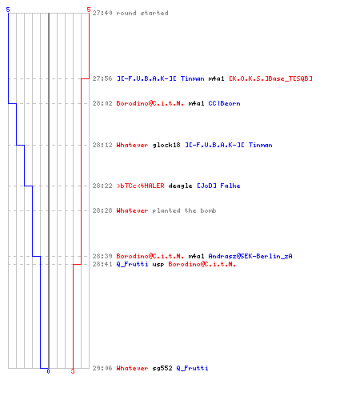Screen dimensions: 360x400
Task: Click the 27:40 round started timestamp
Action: tap(102, 13)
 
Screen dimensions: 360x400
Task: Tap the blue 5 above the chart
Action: tap(8, 10)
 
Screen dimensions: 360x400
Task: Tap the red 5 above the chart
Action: tap(89, 10)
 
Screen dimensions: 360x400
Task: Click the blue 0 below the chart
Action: tap(48, 371)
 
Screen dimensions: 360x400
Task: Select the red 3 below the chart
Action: tap(73, 371)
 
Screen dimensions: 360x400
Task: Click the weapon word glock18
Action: tap(166, 145)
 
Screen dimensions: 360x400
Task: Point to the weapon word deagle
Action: tap(180, 186)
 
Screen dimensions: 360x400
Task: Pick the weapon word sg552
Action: tap(162, 368)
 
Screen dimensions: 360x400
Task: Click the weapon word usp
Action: tap(158, 265)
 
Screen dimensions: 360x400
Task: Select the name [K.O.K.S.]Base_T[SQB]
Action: tap(270, 78)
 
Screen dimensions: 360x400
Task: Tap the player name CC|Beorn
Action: tap(224, 103)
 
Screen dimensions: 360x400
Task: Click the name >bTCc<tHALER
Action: tap(141, 186)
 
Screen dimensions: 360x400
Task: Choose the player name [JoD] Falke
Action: tap(218, 186)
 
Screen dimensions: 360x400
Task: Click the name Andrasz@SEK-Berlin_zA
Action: tap(250, 256)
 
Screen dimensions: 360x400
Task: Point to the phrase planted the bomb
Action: tap(184, 210)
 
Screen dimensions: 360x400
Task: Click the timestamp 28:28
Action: tap(102, 210)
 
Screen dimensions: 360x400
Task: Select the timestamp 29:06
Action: tap(102, 368)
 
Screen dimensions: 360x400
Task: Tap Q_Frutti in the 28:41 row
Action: tap(132, 264)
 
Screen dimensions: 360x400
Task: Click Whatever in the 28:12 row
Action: tap(132, 145)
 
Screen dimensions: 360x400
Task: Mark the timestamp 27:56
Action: tap(102, 78)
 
